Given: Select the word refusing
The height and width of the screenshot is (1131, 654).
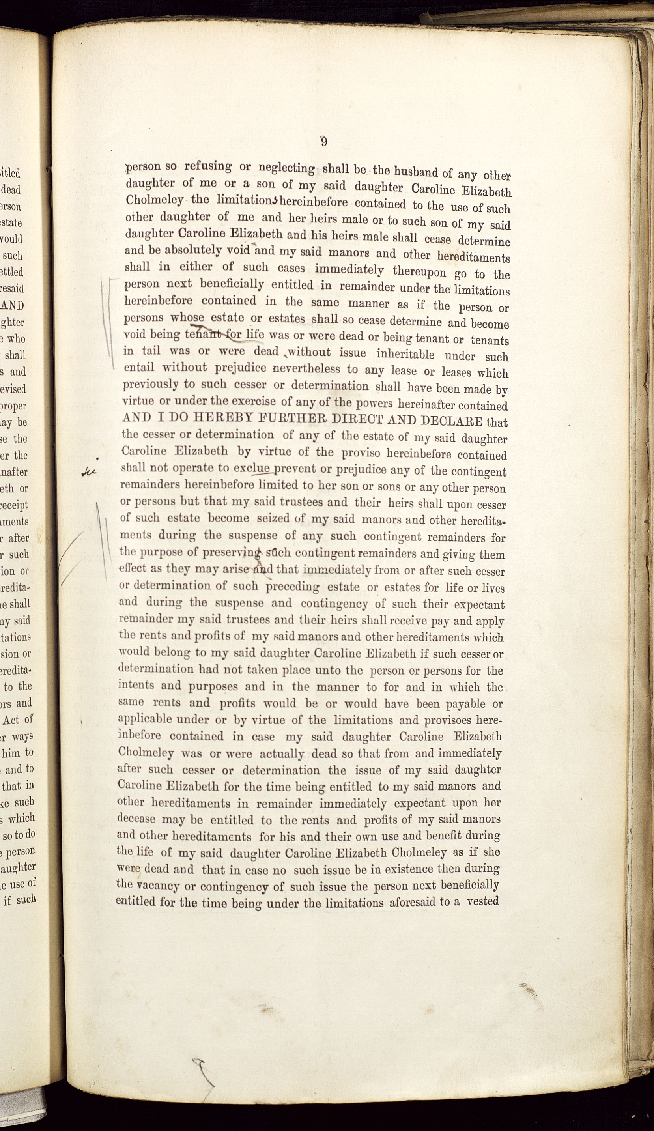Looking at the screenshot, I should (x=208, y=166).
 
